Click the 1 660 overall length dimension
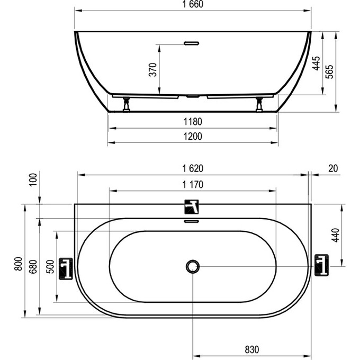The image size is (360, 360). (x=192, y=5)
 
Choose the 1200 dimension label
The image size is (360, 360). (x=193, y=137)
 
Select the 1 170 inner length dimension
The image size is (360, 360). (x=193, y=184)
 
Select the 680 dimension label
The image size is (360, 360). (x=33, y=266)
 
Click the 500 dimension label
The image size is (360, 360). (x=49, y=266)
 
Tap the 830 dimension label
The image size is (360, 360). (x=252, y=350)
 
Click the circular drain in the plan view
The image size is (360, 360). (x=193, y=266)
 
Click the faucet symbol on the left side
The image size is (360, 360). (x=65, y=268)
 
